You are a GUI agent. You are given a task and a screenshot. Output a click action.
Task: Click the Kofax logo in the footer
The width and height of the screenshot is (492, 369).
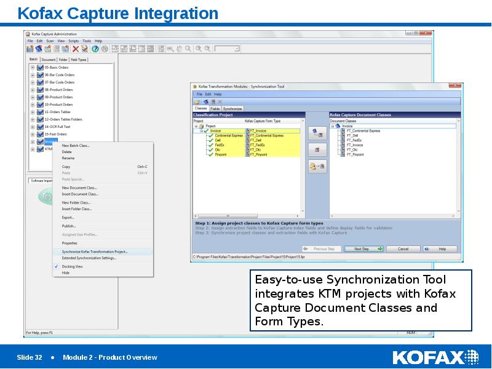(x=435, y=357)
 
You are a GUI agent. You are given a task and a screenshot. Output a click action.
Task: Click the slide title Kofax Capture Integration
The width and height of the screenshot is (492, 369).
(x=117, y=13)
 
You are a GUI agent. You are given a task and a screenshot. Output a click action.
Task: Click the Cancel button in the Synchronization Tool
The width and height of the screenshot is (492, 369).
(x=402, y=249)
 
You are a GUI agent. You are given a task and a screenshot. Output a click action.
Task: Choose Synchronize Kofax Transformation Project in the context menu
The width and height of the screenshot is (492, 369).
(x=94, y=252)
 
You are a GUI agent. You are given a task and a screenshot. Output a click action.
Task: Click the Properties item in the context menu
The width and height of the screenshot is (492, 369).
(x=69, y=243)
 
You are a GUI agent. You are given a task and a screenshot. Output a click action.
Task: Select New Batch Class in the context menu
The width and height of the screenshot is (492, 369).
(x=76, y=146)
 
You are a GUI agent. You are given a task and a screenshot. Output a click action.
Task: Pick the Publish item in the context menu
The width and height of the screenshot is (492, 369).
(x=68, y=226)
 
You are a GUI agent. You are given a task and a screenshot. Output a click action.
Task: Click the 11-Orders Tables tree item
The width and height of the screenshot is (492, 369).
(x=57, y=112)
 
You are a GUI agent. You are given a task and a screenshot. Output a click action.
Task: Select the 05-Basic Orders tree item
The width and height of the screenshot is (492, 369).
(x=57, y=67)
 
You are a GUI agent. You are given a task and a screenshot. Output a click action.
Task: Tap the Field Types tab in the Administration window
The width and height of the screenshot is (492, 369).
(x=79, y=60)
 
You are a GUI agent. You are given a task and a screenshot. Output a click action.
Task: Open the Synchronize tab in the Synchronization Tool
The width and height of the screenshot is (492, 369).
(x=232, y=108)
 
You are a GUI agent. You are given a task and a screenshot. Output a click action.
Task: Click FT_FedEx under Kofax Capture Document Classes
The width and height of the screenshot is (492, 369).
(x=354, y=141)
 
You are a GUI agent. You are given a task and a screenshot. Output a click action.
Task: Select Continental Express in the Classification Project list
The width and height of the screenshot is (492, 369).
(x=229, y=135)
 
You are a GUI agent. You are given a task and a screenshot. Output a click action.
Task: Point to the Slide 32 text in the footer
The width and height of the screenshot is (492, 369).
(x=29, y=357)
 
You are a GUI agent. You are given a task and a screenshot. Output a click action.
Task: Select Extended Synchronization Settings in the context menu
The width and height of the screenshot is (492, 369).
(x=89, y=258)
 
